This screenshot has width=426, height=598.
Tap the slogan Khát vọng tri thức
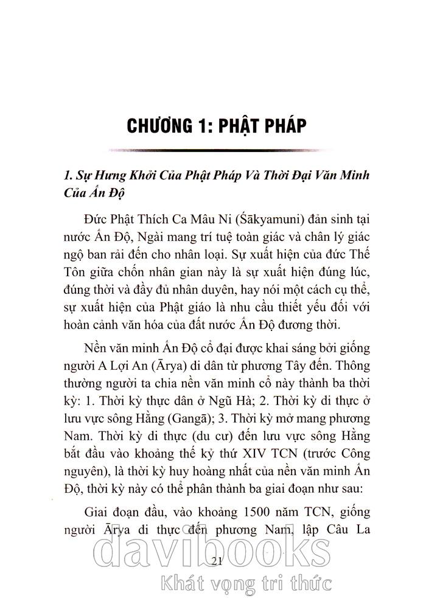pyautogui.click(x=244, y=585)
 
